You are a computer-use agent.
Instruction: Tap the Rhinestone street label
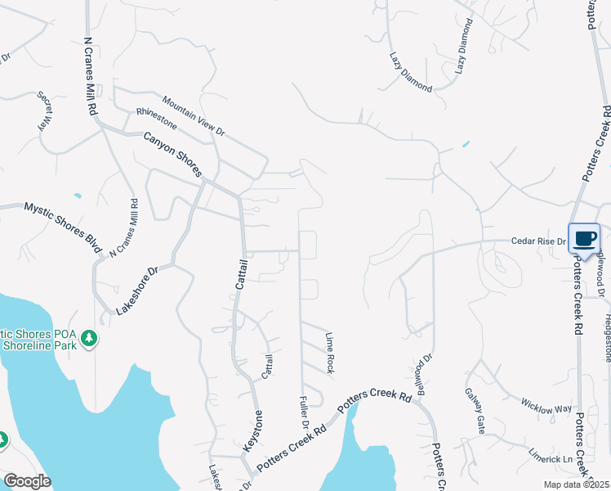156,118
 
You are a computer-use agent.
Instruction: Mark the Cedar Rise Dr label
538,241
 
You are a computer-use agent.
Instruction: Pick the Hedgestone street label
607,336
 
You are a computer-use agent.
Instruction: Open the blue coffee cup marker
584,239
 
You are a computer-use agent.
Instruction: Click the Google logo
27,481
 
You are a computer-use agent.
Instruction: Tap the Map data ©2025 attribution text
575,484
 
